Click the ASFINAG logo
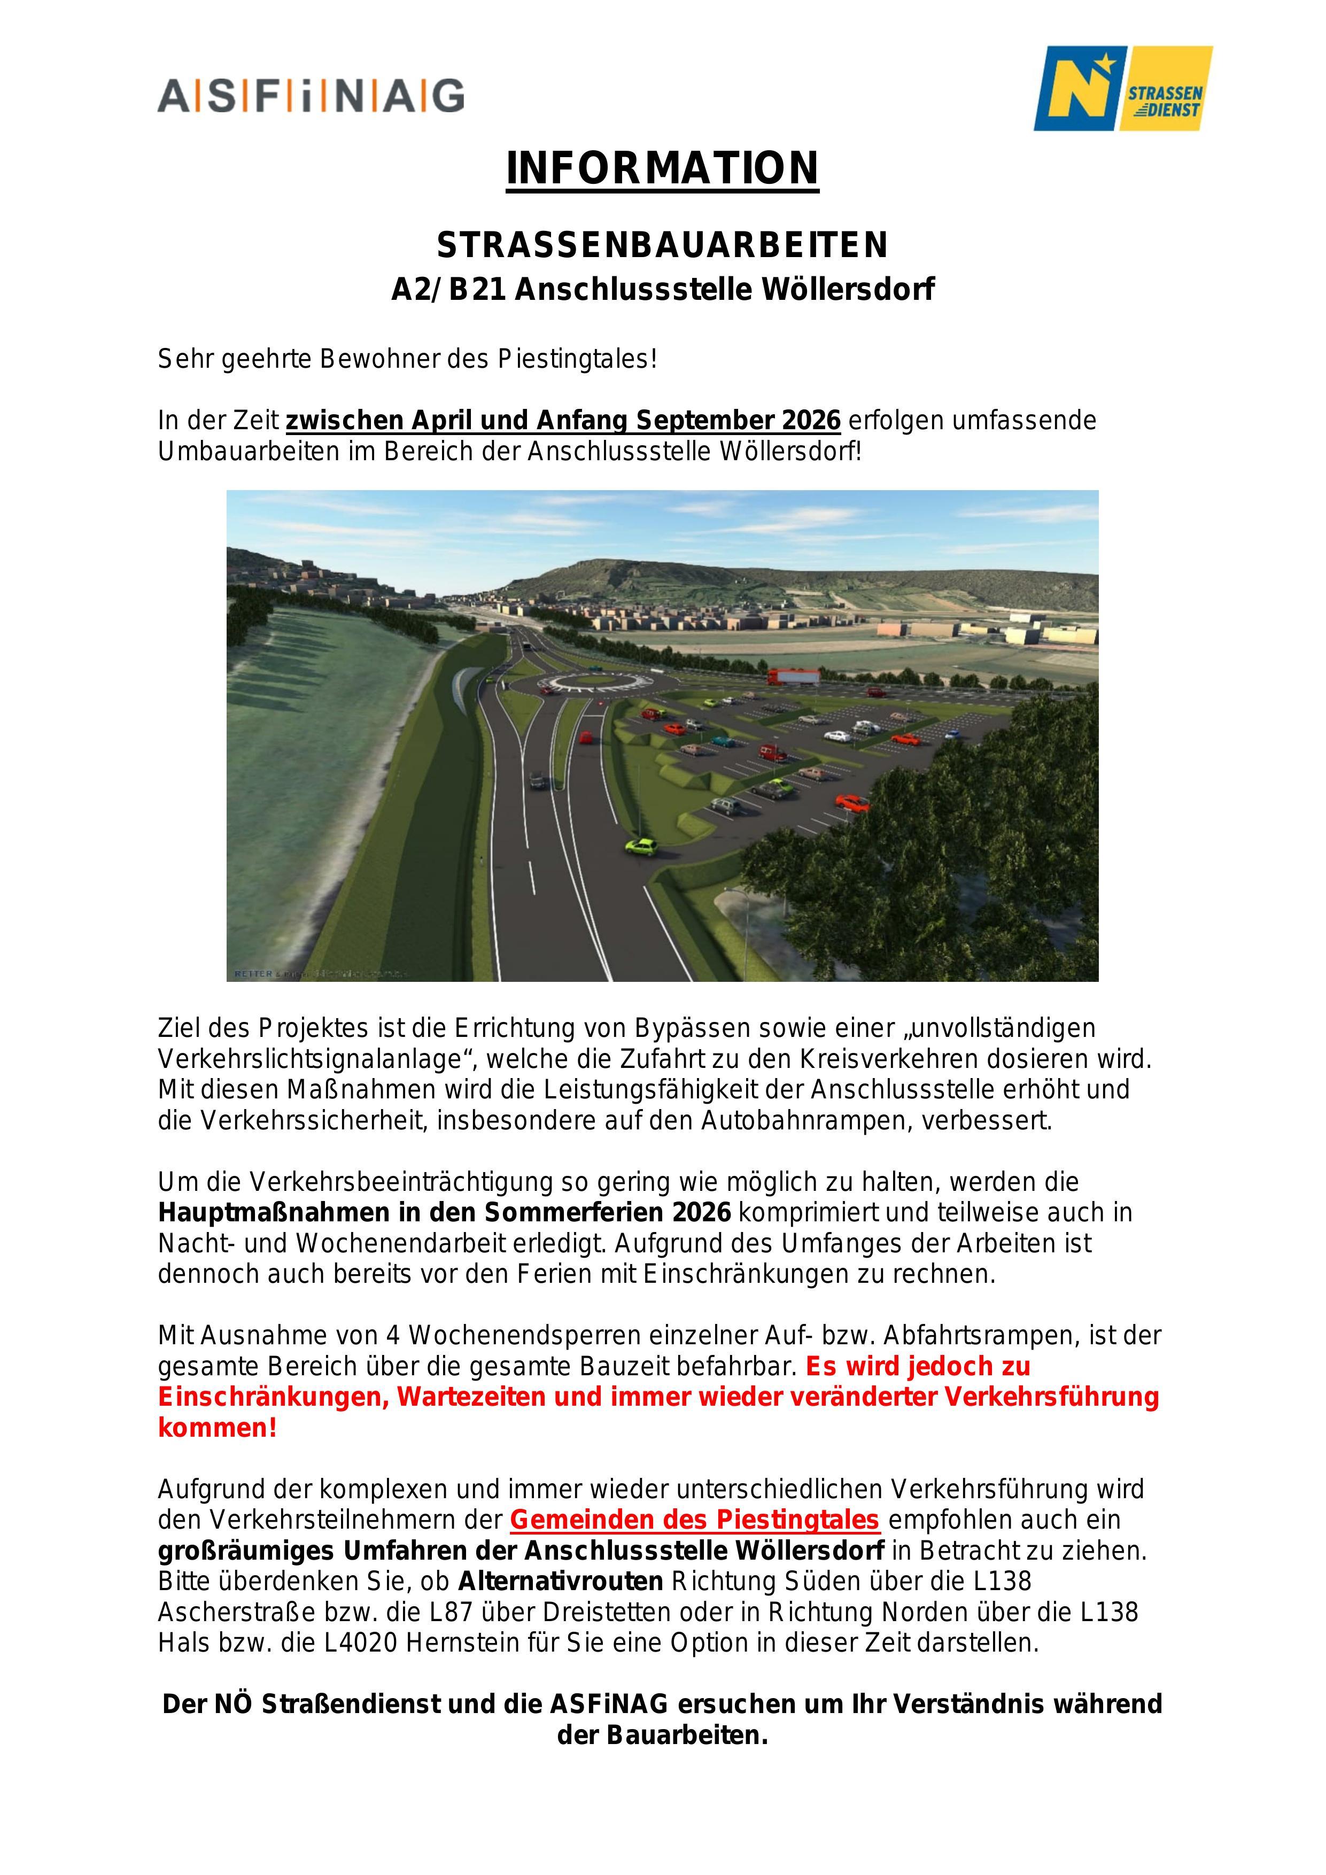311,96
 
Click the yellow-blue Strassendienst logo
1123,88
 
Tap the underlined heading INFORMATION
662,168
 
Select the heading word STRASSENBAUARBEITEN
662,245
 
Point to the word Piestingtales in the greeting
577,359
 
